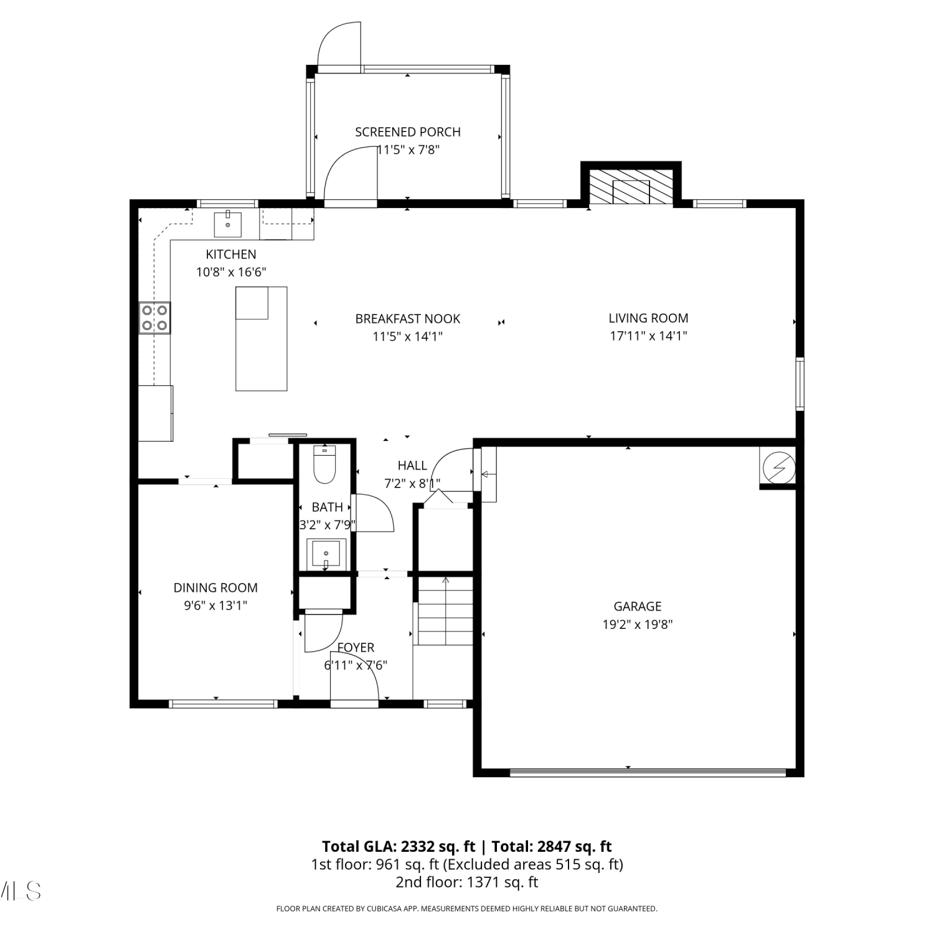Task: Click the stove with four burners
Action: pyautogui.click(x=154, y=318)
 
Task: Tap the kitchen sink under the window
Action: pyautogui.click(x=228, y=224)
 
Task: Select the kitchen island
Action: pyautogui.click(x=262, y=339)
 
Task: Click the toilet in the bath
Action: pyautogui.click(x=324, y=465)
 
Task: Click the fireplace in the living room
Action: pyautogui.click(x=631, y=186)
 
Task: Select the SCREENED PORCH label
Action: pyautogui.click(x=408, y=132)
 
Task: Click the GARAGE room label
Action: pyautogui.click(x=638, y=606)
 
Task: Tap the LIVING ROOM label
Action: pyautogui.click(x=648, y=318)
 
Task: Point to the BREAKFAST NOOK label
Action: pyautogui.click(x=408, y=319)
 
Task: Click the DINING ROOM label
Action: pyautogui.click(x=215, y=588)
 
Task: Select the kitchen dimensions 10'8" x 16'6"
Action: pyautogui.click(x=231, y=272)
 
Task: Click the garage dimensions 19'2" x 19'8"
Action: pyautogui.click(x=638, y=624)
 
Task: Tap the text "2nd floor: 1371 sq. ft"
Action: pyautogui.click(x=467, y=882)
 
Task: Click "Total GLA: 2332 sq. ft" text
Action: pyautogui.click(x=399, y=847)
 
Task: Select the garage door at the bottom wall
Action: pyautogui.click(x=648, y=773)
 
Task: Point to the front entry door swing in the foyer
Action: pyautogui.click(x=354, y=676)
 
